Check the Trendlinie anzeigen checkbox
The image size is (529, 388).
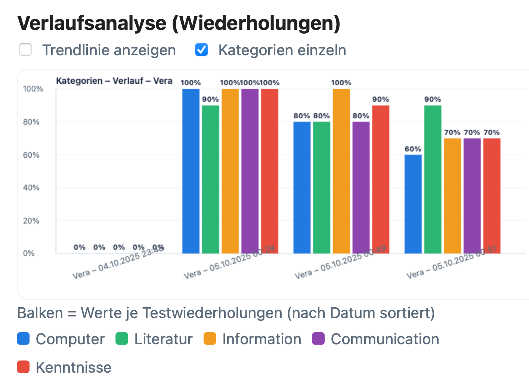click(x=25, y=50)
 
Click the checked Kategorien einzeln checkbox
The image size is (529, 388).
click(x=202, y=50)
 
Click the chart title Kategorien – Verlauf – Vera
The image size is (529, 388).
click(x=114, y=81)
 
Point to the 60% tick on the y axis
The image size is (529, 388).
click(x=31, y=155)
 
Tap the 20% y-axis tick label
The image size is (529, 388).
click(x=31, y=221)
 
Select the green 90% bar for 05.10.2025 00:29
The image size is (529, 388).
click(x=210, y=179)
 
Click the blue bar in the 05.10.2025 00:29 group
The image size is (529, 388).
click(x=191, y=171)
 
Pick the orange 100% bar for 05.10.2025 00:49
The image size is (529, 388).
click(x=341, y=171)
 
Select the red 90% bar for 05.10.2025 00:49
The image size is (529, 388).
click(x=381, y=179)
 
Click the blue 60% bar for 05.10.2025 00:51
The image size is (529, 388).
click(x=413, y=204)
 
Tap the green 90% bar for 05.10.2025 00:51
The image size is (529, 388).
click(x=433, y=179)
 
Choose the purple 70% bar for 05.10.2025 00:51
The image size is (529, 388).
click(x=472, y=196)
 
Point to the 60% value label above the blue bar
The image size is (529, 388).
click(x=413, y=149)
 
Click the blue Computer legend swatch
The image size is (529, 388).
click(x=24, y=339)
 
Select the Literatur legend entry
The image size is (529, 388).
click(x=163, y=339)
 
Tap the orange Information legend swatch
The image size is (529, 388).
click(x=210, y=339)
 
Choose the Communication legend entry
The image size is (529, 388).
click(x=385, y=339)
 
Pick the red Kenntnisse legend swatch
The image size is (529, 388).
click(x=24, y=367)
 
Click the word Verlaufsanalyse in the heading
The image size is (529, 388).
click(x=92, y=23)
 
